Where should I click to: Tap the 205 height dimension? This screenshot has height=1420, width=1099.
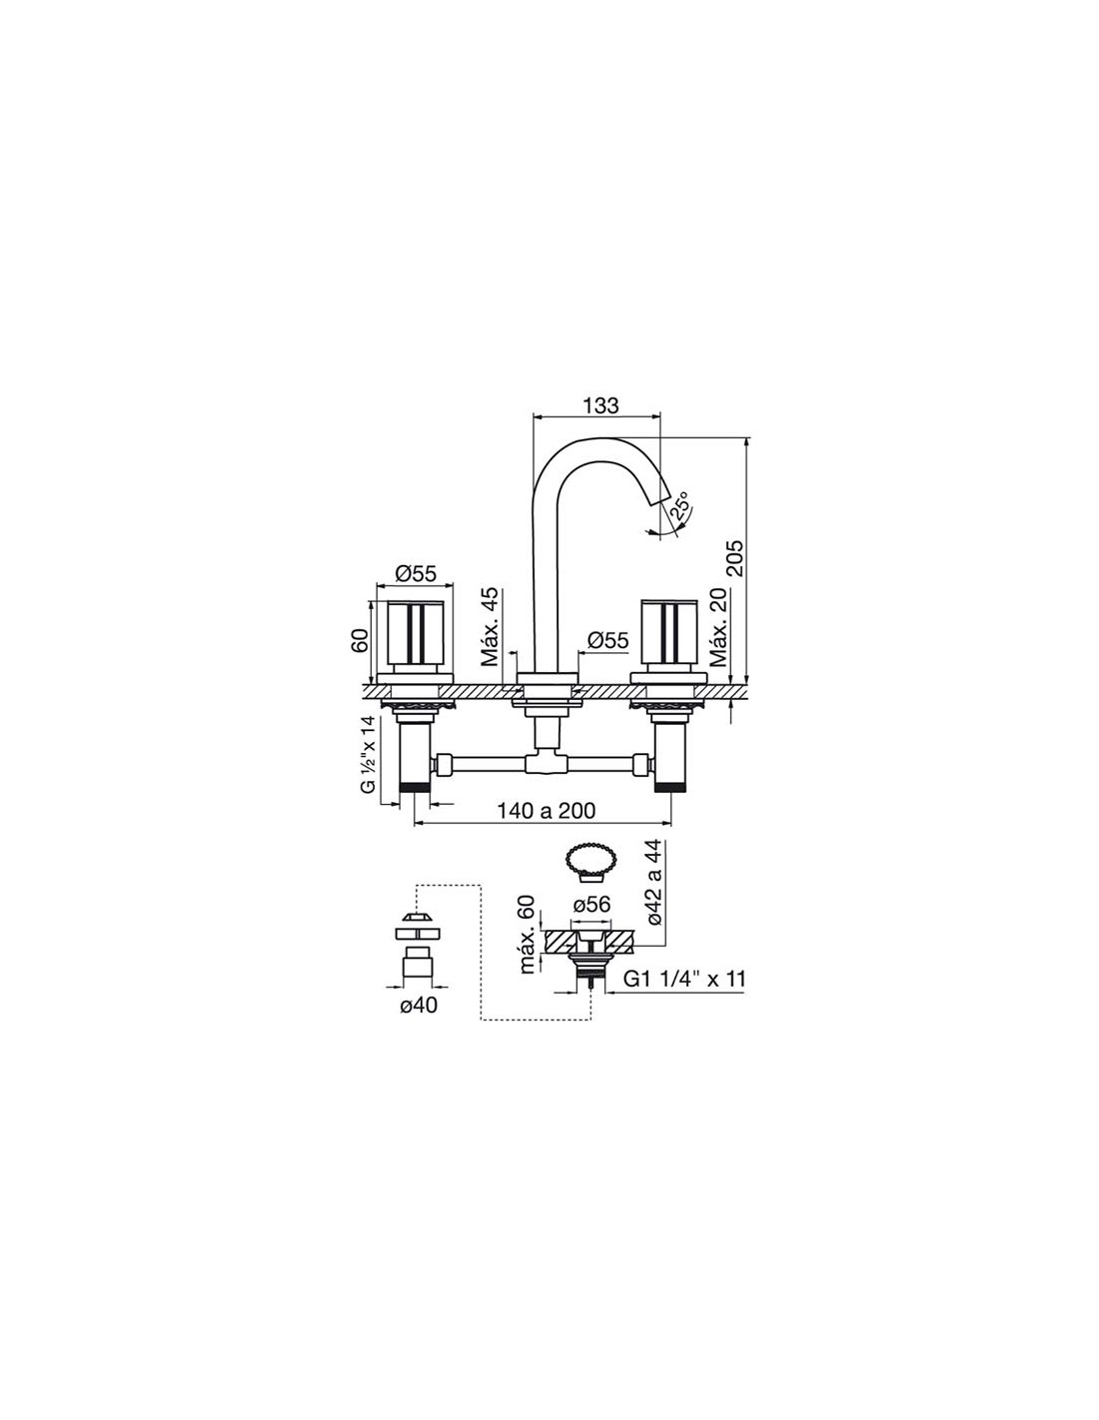(735, 557)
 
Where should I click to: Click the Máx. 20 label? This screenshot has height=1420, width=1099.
(719, 627)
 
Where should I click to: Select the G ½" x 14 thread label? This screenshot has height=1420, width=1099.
(369, 755)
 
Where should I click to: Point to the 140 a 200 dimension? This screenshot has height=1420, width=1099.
(547, 811)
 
